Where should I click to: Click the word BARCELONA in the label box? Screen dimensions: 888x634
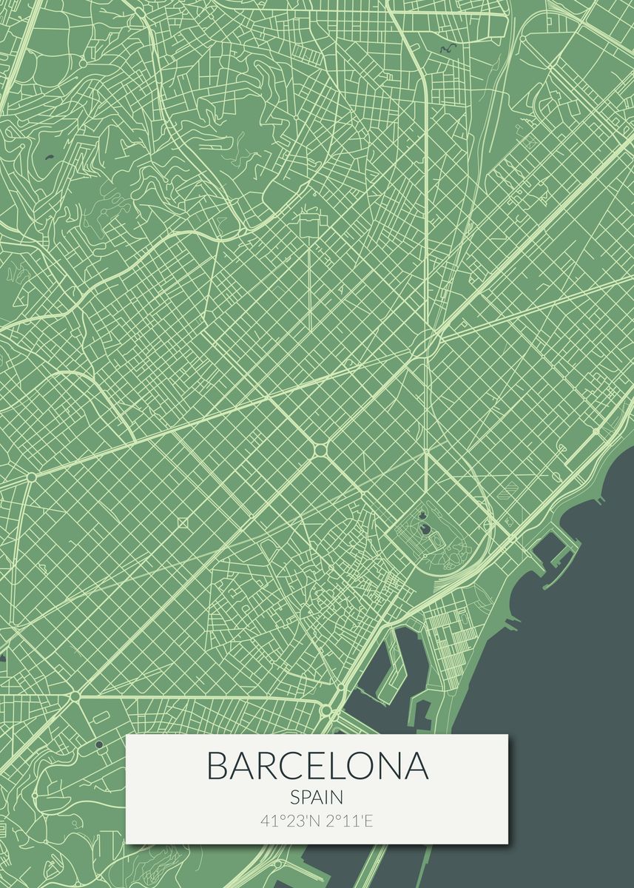[x=317, y=766]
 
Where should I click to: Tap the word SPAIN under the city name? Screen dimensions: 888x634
[x=317, y=798]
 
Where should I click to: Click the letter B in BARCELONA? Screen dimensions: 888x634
[x=217, y=766]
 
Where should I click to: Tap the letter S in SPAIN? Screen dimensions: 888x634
[x=295, y=798]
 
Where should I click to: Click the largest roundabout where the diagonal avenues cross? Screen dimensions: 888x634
[x=320, y=449]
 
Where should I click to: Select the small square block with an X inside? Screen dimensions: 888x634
[x=183, y=522]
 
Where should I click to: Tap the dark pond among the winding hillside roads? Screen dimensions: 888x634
[x=50, y=157]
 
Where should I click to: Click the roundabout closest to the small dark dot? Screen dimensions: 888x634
[x=75, y=696]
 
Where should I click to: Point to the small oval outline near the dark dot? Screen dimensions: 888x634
[x=101, y=716]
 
